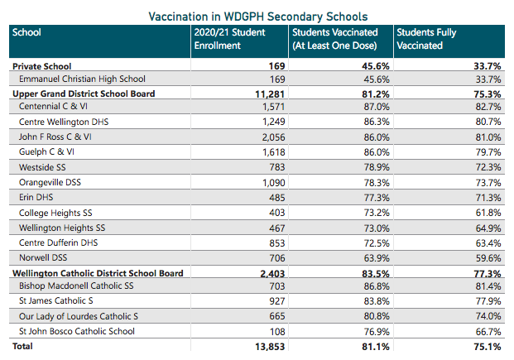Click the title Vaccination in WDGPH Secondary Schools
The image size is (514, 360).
click(257, 16)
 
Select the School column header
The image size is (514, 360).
click(27, 33)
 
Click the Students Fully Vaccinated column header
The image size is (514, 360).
click(426, 39)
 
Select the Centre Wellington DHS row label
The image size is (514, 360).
click(64, 122)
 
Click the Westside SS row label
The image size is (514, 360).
click(42, 167)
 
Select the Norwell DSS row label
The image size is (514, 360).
click(45, 257)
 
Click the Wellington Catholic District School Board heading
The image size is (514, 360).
click(97, 272)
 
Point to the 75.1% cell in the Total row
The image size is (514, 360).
click(486, 347)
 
